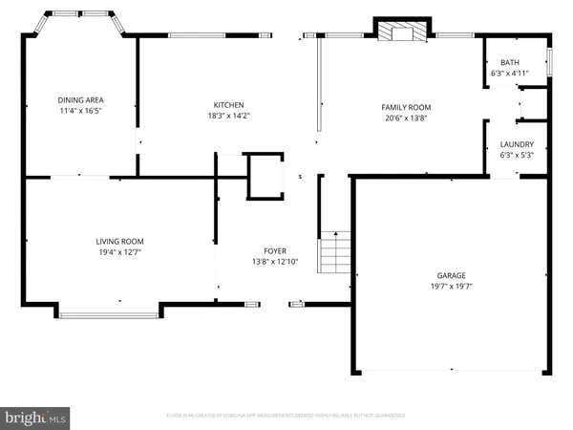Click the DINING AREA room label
pos(80,99)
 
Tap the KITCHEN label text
pos(229,104)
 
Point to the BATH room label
pos(510,62)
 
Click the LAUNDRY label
pos(517,145)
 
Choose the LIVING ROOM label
pos(119,242)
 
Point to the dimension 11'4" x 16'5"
pos(80,111)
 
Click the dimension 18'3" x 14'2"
pos(229,115)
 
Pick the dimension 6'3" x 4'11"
pos(510,73)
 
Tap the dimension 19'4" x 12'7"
pos(119,252)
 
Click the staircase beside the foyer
pos(334,252)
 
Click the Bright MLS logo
pos(36,417)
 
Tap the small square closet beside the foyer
pos(265,177)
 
